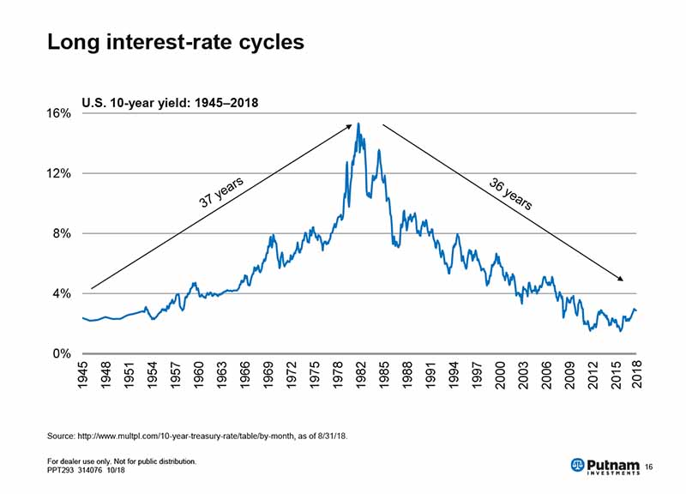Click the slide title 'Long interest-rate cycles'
tap(176, 42)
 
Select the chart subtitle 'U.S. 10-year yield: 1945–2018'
tap(170, 103)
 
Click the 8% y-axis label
tap(61, 233)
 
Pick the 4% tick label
tap(61, 293)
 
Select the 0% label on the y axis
tap(61, 353)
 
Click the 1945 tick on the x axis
tap(83, 376)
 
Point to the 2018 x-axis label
tap(638, 376)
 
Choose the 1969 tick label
tap(268, 376)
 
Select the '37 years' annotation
tap(222, 191)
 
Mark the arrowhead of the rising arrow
tap(349, 126)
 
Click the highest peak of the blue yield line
tap(358, 123)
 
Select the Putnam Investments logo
tap(604, 465)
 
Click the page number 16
tap(649, 466)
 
